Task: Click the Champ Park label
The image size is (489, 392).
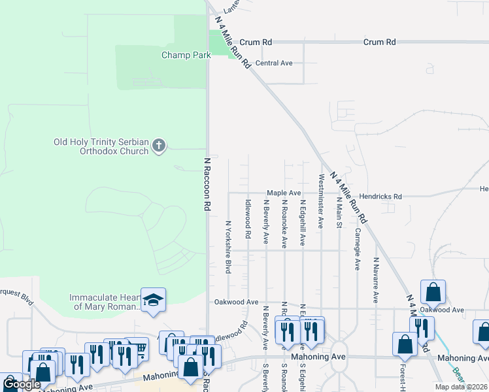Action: coord(186,55)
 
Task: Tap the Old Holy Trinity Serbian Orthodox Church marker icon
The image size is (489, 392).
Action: coord(159,146)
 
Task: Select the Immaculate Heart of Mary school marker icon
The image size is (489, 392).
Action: coord(152,301)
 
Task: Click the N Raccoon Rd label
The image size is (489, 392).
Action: coord(207,184)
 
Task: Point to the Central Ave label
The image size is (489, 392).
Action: coord(274,63)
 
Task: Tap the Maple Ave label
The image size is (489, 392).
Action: coord(283,193)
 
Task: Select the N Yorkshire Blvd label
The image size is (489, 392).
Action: coord(229,246)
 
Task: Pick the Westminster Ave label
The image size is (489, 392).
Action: coord(320,201)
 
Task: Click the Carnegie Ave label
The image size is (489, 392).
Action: coord(357,249)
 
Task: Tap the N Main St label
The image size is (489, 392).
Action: coord(339,212)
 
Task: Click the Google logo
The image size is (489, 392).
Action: coord(22,384)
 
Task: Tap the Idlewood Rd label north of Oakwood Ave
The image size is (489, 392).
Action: coord(248,219)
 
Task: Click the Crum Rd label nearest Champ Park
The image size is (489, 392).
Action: coord(256,42)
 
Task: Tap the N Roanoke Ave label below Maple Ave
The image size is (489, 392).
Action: coord(284,224)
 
